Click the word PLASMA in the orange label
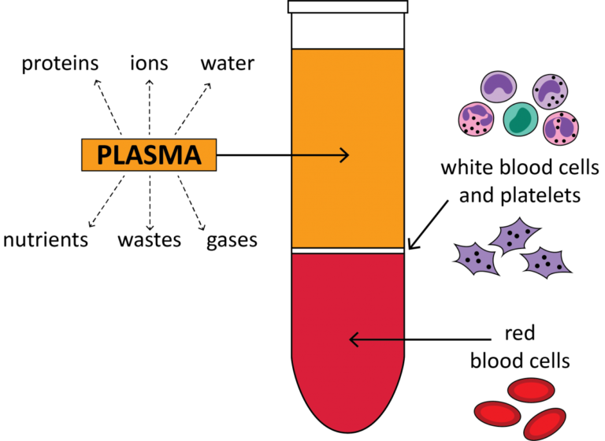click(149, 155)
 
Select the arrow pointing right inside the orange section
click(320, 155)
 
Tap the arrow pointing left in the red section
click(377, 340)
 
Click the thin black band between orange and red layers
click(347, 250)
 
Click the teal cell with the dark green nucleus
click(520, 119)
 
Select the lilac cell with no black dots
click(498, 87)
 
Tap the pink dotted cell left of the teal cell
click(476, 120)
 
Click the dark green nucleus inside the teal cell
click(520, 120)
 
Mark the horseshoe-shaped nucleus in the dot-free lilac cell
click(498, 89)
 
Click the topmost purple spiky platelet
click(514, 235)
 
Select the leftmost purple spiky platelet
click(477, 258)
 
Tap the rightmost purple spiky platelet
click(546, 262)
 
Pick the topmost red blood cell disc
click(531, 390)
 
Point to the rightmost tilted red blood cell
click(545, 424)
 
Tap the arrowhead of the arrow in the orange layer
click(344, 155)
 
